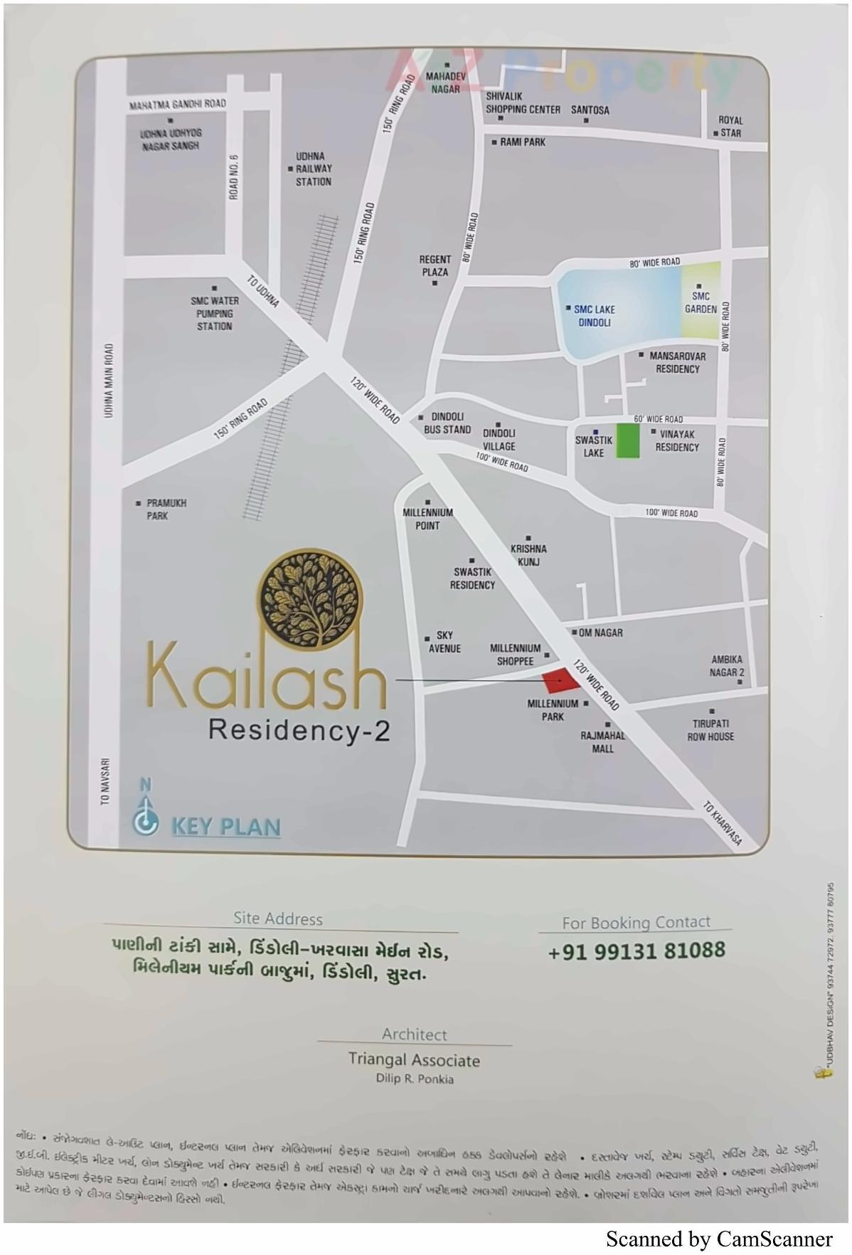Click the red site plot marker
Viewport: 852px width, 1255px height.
coord(561,681)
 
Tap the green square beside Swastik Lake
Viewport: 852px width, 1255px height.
coord(627,440)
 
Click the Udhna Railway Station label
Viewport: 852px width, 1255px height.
coord(314,169)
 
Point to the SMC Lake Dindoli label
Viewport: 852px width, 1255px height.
coord(595,316)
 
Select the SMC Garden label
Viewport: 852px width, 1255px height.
coord(701,302)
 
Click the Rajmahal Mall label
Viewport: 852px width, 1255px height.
coord(602,741)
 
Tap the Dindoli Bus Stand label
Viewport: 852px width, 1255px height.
coord(447,423)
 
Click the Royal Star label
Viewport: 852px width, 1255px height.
coord(730,127)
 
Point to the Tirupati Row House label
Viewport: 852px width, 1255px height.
coord(710,730)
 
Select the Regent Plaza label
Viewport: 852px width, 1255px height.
coord(435,265)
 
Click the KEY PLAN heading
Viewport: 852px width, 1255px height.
coord(226,827)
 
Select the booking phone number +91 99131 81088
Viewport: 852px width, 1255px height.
coord(637,950)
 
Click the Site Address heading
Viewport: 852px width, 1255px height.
coord(278,918)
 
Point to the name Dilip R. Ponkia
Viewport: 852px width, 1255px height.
coord(415,1079)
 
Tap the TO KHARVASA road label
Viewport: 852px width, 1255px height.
coord(723,824)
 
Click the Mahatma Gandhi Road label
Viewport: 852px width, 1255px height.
coord(177,105)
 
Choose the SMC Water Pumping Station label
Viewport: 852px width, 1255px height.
coord(214,314)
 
